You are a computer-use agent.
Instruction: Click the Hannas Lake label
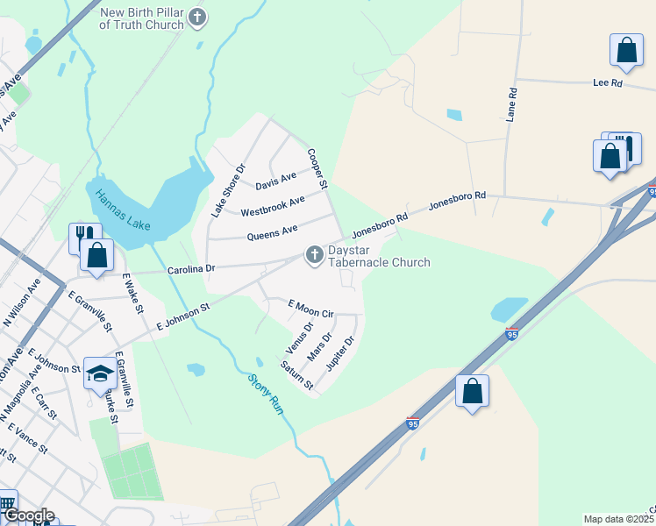[x=123, y=210]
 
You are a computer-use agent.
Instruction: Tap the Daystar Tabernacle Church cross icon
[x=314, y=255]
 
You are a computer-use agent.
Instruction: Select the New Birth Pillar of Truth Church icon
[x=198, y=18]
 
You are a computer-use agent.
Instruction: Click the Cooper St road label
[x=317, y=168]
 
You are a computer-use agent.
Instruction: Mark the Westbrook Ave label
[x=273, y=206]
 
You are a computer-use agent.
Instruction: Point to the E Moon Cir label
[x=311, y=308]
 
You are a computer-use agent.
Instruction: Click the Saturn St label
[x=296, y=374]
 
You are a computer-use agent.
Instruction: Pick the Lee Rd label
[x=607, y=82]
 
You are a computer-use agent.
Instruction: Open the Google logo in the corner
[x=28, y=515]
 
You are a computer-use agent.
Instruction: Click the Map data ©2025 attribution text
[x=618, y=519]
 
